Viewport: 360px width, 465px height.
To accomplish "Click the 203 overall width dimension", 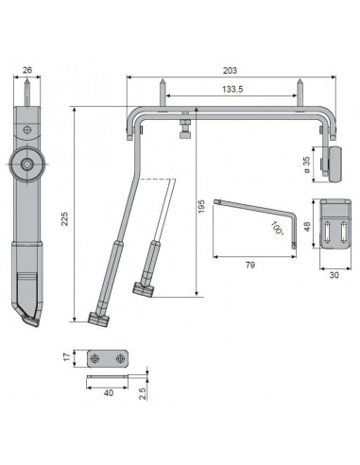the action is (x=230, y=71).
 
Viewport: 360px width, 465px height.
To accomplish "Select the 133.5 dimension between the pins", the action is (x=232, y=89).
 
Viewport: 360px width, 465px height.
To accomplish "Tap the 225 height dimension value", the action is (x=65, y=218).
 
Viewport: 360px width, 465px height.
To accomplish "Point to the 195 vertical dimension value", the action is (x=201, y=206).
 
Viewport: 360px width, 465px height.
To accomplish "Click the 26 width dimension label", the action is (x=27, y=70).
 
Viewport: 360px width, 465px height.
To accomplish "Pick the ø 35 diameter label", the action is (x=307, y=164).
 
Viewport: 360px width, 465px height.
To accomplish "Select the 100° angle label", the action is (x=277, y=228).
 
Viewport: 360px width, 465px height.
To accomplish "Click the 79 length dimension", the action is (x=250, y=265).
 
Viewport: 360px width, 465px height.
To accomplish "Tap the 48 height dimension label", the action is (x=307, y=226).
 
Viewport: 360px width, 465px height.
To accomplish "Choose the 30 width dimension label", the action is (x=334, y=275).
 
